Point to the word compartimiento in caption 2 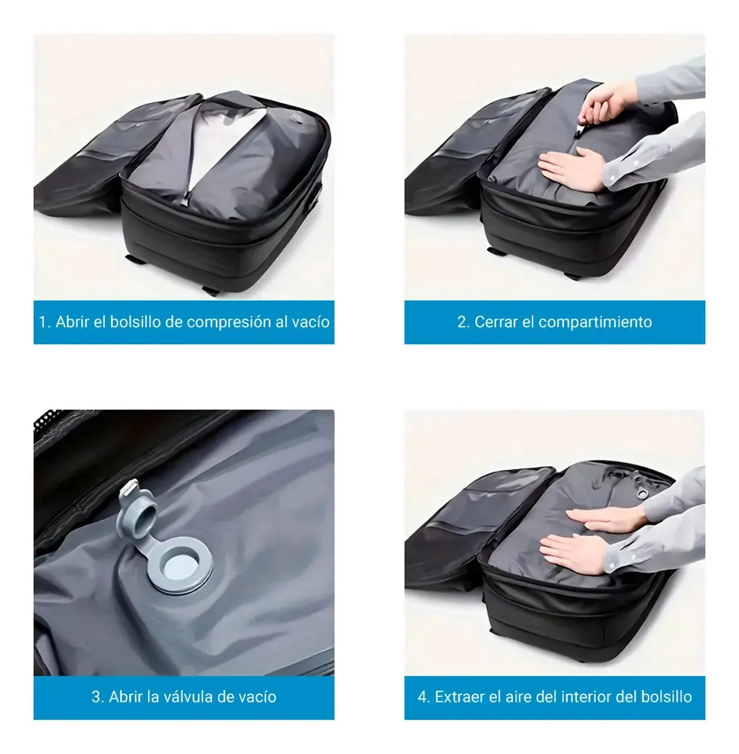[595, 323]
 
